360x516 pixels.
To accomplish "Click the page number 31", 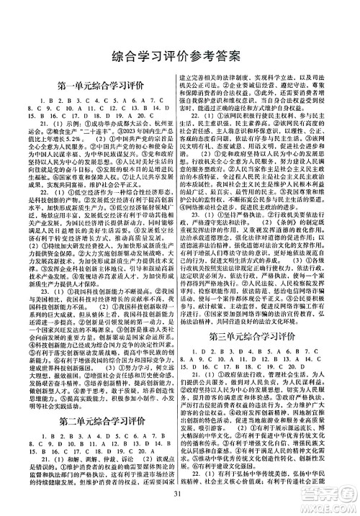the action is [x=180, y=497].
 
